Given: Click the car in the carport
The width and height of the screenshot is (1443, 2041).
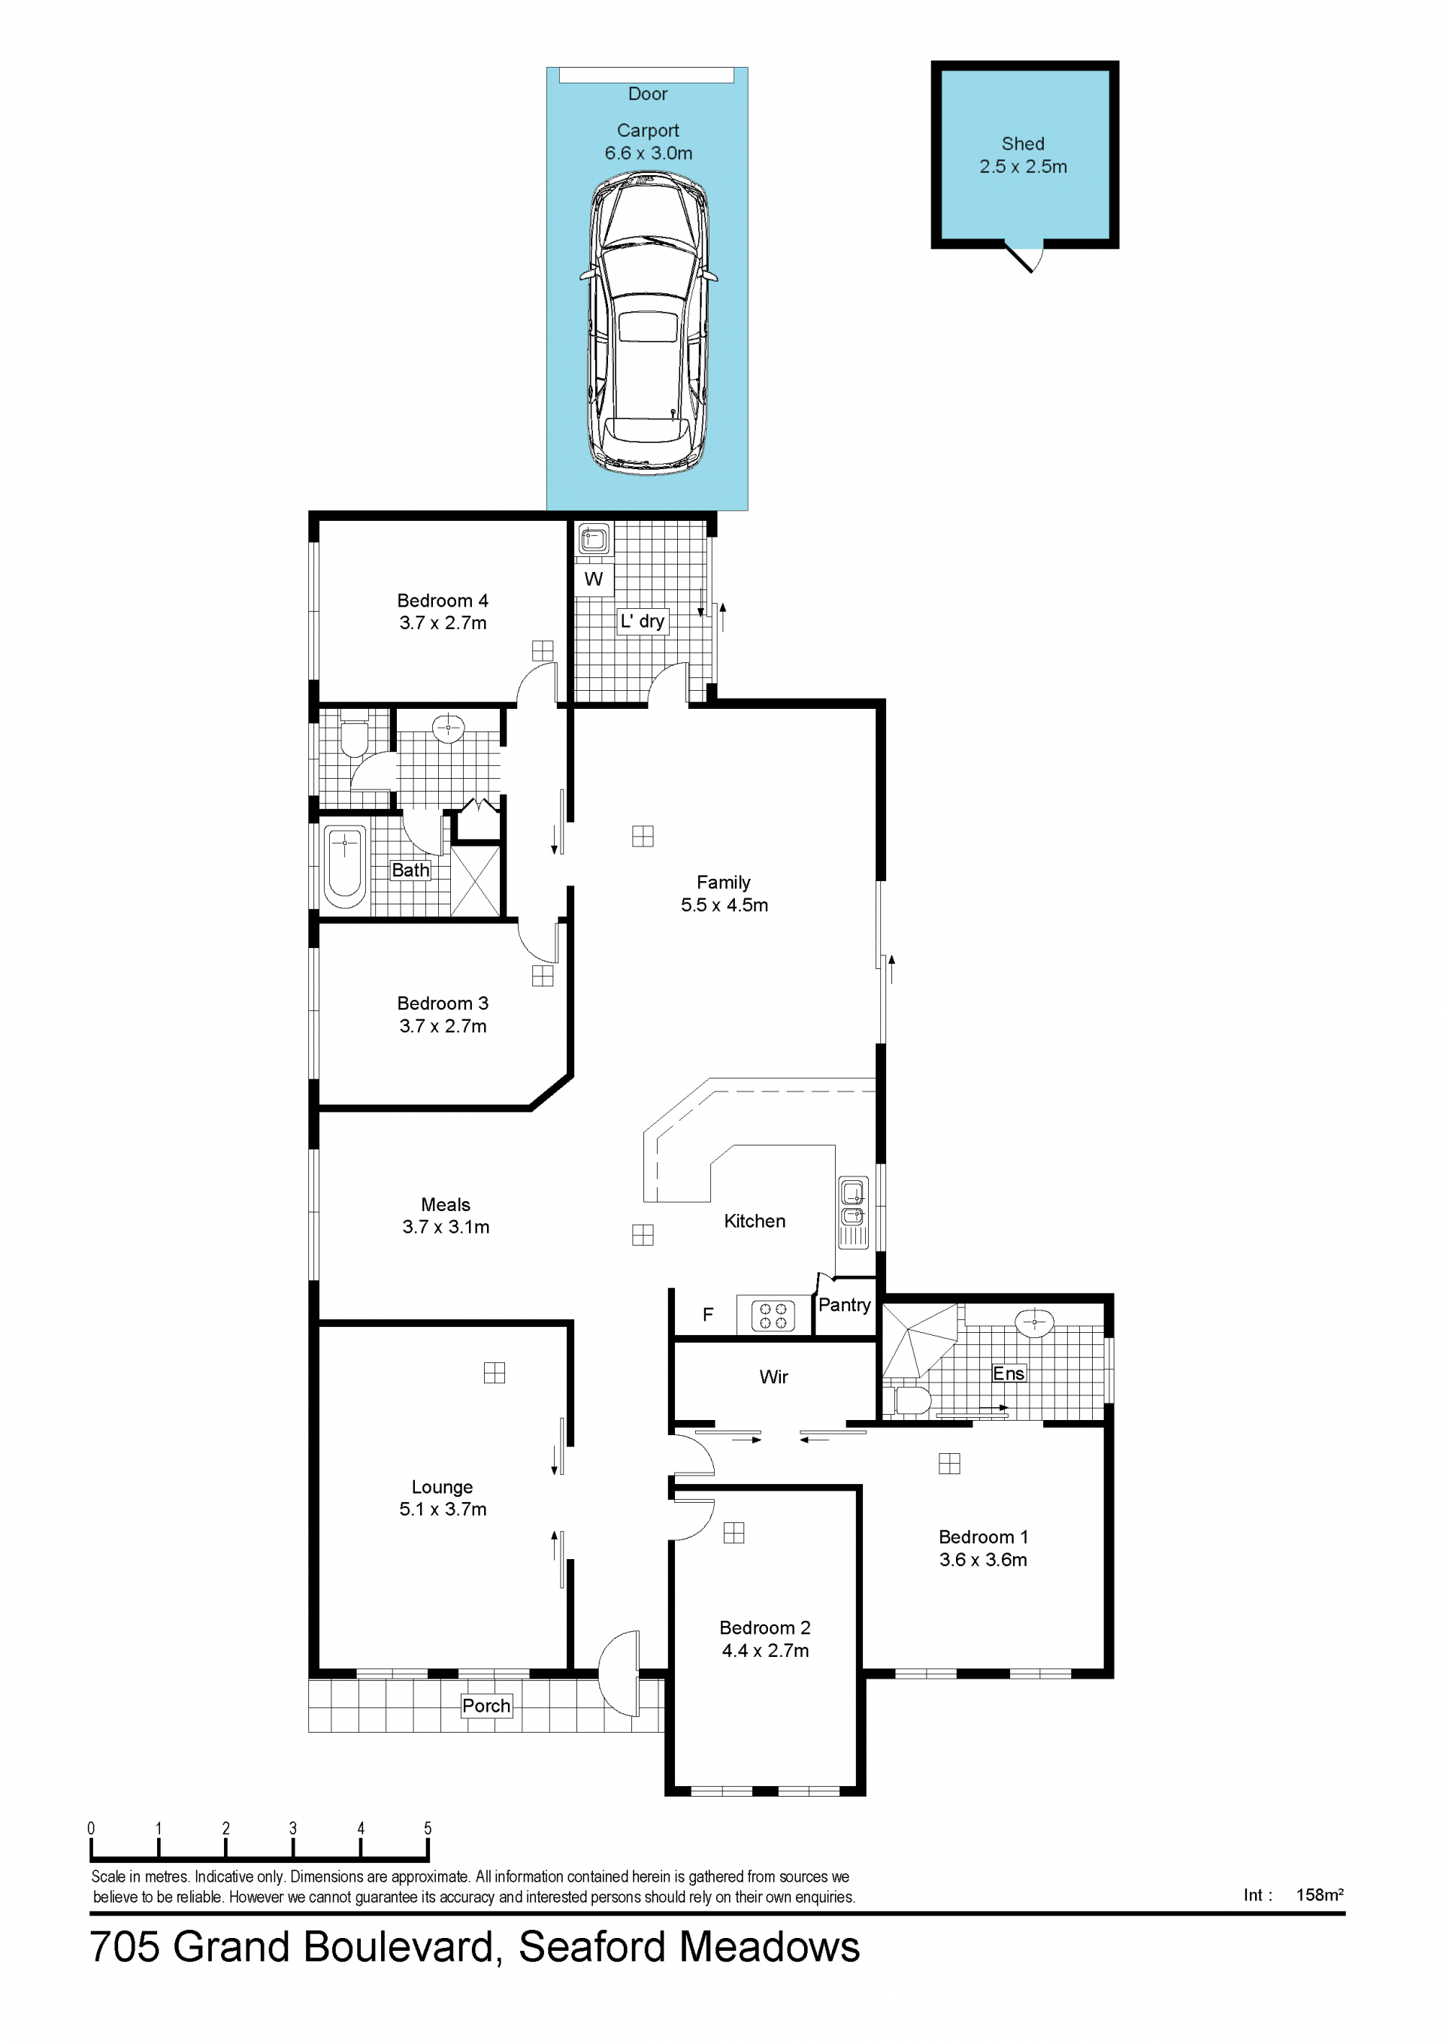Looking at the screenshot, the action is (x=648, y=322).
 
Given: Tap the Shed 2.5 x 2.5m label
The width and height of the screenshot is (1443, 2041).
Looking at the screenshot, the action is (x=1023, y=155).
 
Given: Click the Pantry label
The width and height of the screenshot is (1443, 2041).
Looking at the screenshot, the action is (x=844, y=1305).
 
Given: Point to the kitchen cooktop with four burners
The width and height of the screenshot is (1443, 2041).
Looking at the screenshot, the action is (x=773, y=1316).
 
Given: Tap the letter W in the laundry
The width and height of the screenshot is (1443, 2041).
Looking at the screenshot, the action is (x=594, y=580).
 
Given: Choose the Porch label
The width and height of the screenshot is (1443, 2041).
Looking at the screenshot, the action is (x=486, y=1706).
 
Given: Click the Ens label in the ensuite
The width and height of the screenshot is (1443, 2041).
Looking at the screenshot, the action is (x=1009, y=1373).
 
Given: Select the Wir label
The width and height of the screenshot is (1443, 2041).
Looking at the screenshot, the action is (x=774, y=1377).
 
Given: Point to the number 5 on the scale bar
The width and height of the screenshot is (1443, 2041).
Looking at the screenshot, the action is (x=428, y=1828).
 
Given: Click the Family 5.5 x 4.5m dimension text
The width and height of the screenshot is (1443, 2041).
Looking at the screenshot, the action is (x=725, y=905).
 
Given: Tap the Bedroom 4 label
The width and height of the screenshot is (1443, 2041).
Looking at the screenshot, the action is (x=443, y=601).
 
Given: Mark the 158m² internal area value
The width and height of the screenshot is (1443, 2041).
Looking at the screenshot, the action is (x=1320, y=1894).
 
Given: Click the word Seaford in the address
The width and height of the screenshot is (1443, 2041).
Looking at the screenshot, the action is (x=593, y=1947).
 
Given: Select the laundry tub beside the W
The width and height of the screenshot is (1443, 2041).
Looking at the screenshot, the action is (x=594, y=539).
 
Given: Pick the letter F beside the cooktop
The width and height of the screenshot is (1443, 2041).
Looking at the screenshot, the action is (x=708, y=1315).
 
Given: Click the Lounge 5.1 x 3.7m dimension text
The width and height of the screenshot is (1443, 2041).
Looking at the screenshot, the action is (x=443, y=1509).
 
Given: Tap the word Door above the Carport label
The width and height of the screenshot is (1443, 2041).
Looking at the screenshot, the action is (x=648, y=94).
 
